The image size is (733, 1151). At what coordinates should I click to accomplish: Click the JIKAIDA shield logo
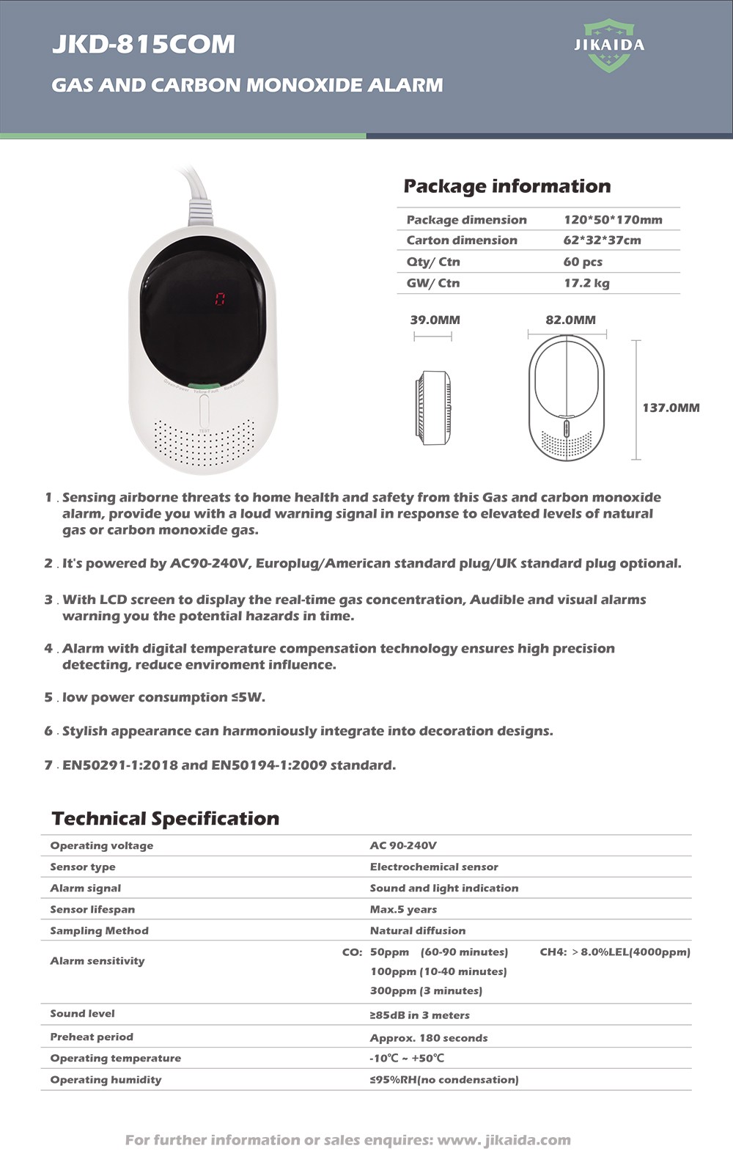pos(609,46)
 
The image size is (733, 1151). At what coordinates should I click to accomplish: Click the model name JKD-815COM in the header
pos(144,44)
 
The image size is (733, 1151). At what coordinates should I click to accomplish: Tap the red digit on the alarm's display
pos(219,298)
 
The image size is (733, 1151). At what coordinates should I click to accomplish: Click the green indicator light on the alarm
pos(203,386)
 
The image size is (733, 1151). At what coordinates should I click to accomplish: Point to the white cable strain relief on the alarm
pos(200,213)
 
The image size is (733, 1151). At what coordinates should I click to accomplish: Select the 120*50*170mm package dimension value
pos(613,220)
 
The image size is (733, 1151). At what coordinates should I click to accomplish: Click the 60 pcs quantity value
pos(583,262)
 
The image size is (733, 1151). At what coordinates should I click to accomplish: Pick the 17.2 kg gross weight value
pos(586,283)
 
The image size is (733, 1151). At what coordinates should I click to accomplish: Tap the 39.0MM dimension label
pos(435,320)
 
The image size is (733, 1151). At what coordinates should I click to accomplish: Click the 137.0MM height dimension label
pos(671,408)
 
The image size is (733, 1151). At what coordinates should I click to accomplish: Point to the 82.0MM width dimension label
pos(570,320)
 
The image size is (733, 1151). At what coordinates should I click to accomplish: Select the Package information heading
pos(507,186)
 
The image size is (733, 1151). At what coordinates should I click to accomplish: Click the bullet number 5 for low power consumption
pos(48,697)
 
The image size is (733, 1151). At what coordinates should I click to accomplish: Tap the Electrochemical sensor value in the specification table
pos(434,867)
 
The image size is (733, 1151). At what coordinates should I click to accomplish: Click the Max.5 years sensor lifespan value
pos(403,909)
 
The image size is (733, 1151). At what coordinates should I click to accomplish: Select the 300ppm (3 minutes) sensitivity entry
pos(426,990)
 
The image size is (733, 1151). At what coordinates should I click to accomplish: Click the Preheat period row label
pos(92,1037)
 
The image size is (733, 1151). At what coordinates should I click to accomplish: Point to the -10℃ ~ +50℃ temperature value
pos(407,1058)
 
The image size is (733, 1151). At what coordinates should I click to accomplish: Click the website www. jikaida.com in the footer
pos(504,1140)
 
